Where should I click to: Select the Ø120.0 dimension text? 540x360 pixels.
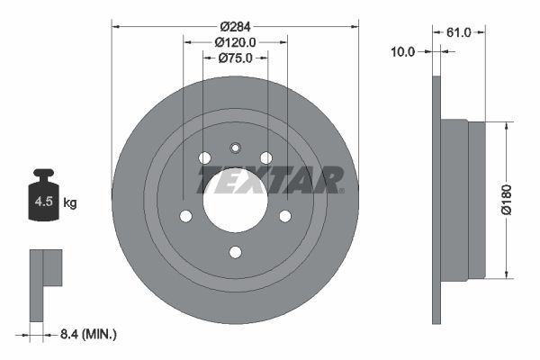(236, 41)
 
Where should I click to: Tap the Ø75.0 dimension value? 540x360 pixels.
(236, 58)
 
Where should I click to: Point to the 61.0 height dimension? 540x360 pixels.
(459, 32)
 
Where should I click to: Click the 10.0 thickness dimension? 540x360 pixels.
(403, 51)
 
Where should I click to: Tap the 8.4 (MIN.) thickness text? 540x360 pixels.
(86, 335)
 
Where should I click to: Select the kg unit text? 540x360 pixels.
(70, 203)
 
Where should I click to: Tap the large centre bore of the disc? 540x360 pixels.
(236, 199)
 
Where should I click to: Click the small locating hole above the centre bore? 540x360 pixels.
(236, 148)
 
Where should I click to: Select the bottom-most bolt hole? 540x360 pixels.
(236, 252)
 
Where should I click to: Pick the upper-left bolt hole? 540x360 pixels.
(204, 157)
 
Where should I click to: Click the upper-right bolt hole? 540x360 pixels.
(266, 157)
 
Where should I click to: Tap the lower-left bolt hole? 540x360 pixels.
(186, 216)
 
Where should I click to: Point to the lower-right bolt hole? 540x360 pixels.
(285, 216)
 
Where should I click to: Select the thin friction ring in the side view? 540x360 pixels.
(437, 200)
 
